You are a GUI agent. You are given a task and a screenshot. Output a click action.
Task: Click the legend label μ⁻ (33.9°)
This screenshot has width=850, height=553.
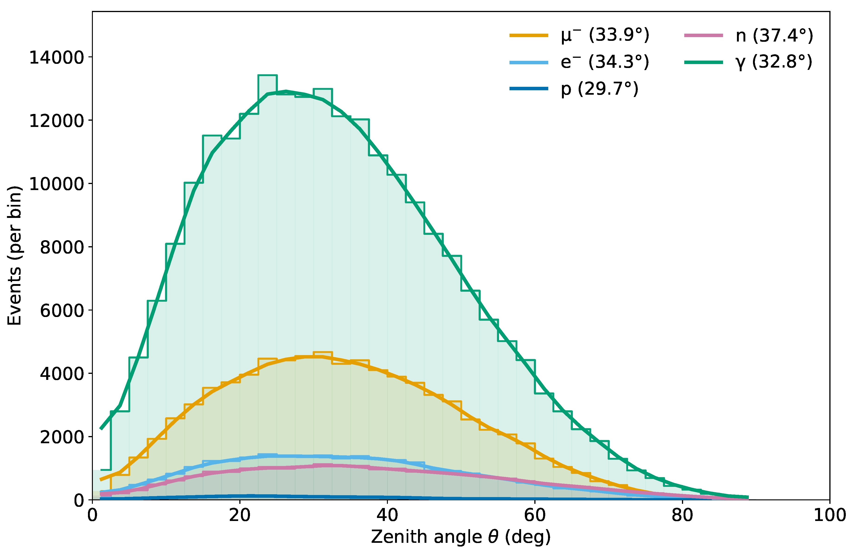(x=605, y=35)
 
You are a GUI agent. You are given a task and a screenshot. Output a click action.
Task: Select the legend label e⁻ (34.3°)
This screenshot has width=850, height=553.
(x=605, y=62)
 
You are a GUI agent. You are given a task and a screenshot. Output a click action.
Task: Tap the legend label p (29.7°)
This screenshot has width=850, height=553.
(x=599, y=89)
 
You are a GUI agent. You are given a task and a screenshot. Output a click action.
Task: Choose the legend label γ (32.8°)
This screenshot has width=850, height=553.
(x=774, y=62)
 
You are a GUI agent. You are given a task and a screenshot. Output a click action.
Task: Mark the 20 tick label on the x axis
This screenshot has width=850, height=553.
(x=240, y=515)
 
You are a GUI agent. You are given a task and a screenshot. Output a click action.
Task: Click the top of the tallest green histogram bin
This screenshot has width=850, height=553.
(x=267, y=76)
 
